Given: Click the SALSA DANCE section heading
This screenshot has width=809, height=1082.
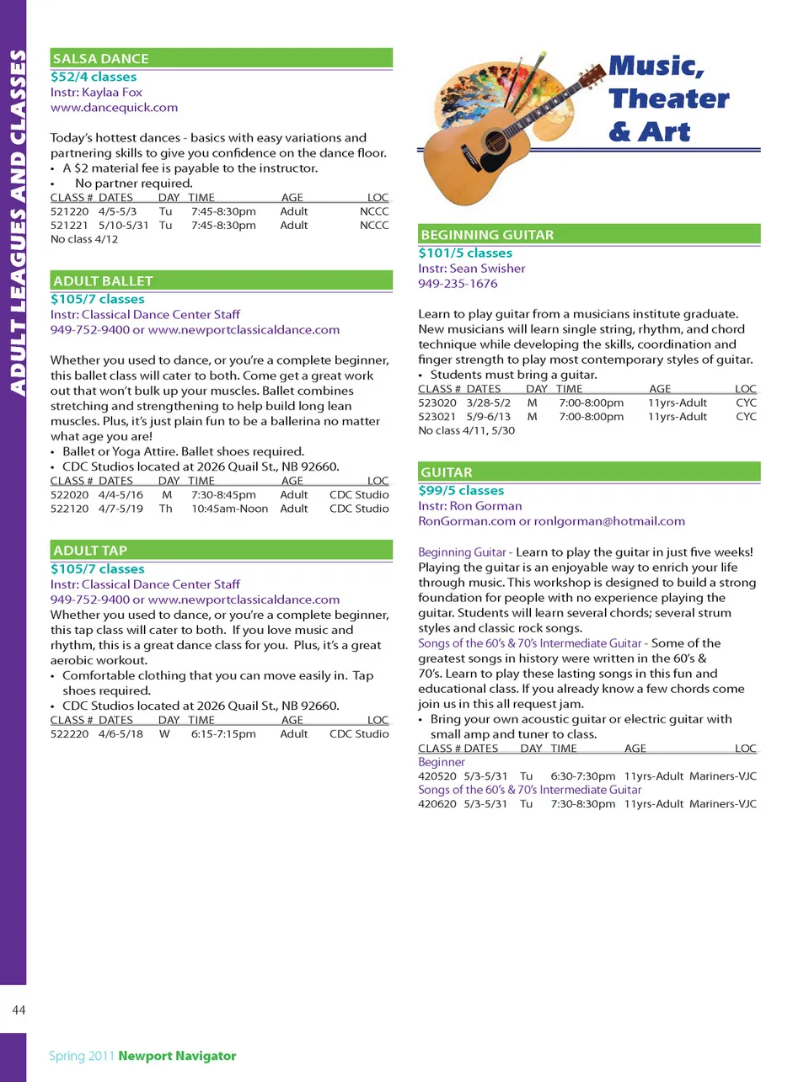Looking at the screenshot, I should point(101,59).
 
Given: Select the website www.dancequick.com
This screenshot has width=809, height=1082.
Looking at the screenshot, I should point(114,108).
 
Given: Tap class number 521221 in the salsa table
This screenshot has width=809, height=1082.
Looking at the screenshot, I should point(69,226).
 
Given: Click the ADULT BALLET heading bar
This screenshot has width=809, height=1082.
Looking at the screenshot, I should point(103,281).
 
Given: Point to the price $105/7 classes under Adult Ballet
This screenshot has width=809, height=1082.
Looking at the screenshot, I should point(97,299).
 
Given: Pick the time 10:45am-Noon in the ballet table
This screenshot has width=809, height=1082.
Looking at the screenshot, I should point(229,509).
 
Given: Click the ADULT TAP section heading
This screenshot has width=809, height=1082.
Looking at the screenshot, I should point(90,551).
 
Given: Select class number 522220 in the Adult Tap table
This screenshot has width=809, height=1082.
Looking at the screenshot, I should point(69,734).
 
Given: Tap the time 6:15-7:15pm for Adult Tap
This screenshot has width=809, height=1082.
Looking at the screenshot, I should point(223,734).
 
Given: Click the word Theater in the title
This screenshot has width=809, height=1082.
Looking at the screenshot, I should point(669,99).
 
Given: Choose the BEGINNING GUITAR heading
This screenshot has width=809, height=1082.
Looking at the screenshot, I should point(487,235).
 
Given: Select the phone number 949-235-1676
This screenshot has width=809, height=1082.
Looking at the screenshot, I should point(458,284).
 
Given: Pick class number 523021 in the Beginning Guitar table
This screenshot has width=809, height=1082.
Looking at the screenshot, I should point(437,417).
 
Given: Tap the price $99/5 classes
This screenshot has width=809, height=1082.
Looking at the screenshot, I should point(461,491).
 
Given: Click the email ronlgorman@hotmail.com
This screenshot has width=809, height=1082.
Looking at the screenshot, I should point(609,521).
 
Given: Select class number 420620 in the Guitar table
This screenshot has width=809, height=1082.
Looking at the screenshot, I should point(437,804).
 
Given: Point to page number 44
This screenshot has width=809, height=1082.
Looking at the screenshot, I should point(19,1010).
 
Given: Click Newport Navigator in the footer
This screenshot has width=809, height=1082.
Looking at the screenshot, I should point(177,1056).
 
